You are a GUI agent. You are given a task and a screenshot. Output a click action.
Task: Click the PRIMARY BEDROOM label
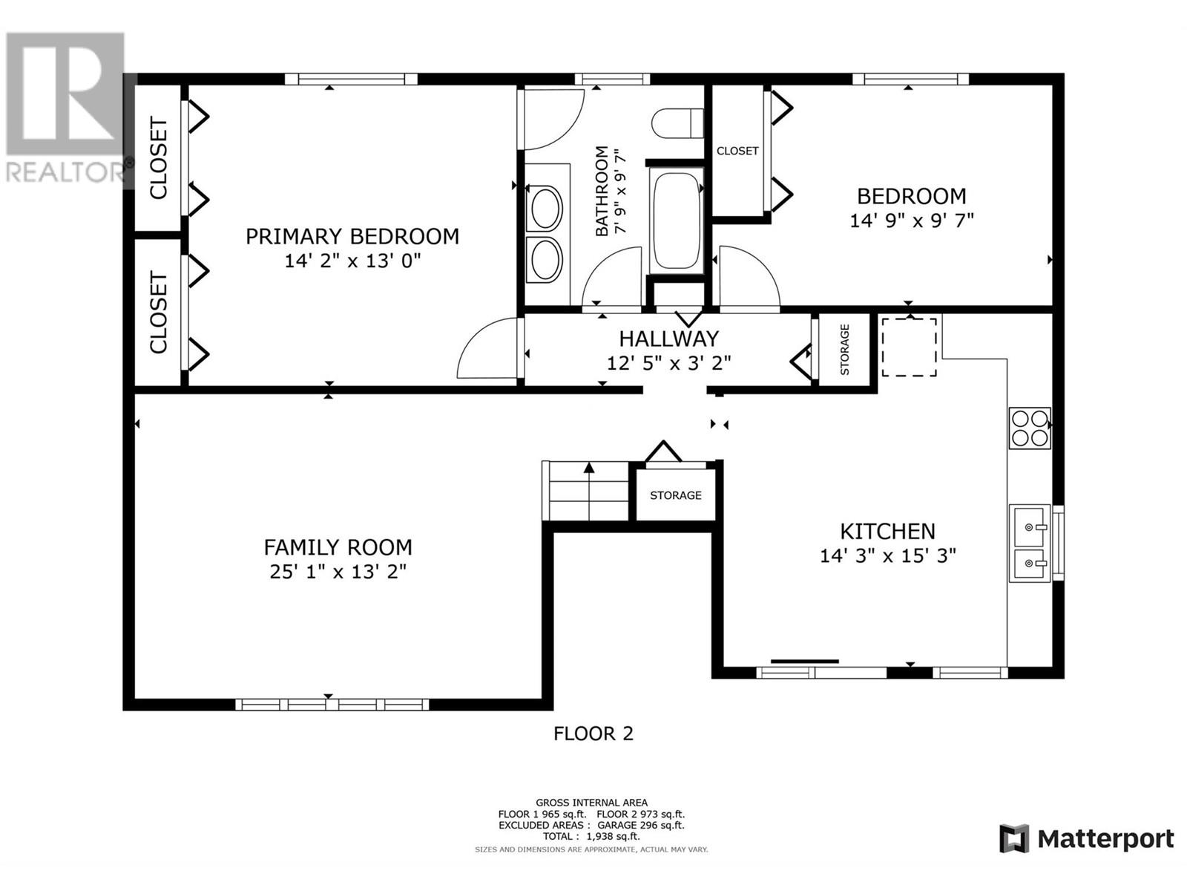[x=352, y=236]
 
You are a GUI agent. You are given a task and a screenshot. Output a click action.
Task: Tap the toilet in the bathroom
[x=677, y=123]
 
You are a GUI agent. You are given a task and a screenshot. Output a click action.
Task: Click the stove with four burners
[x=1030, y=428]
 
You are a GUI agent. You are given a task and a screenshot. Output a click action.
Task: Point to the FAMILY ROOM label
[x=338, y=547]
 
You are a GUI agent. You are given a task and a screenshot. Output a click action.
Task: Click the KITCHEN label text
[x=887, y=531]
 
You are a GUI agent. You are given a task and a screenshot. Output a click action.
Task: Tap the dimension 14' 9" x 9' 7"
[x=912, y=221]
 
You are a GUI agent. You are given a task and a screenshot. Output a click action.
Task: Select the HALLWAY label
[x=669, y=339]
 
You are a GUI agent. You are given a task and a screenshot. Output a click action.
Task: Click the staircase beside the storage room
[x=586, y=491]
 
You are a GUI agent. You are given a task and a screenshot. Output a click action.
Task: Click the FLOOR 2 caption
[x=593, y=734]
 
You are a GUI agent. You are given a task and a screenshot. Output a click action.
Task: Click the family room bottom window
[x=332, y=705]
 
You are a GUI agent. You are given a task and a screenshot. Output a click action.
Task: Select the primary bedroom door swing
[x=487, y=347]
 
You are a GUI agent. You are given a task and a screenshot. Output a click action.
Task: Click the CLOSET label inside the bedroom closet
[x=737, y=151]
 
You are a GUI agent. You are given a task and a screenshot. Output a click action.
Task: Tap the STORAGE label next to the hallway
[x=845, y=350]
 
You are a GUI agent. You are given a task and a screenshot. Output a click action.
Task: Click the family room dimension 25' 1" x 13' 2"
[x=338, y=572]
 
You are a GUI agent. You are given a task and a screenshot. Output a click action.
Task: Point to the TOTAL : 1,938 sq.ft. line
[x=591, y=836]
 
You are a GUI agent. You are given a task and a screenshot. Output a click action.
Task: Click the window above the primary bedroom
[x=351, y=79]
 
